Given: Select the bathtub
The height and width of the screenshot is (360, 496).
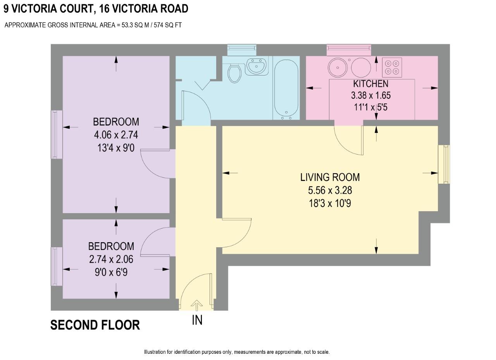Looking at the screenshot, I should coord(286,88).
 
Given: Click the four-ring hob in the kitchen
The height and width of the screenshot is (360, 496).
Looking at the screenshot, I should coord(392,67).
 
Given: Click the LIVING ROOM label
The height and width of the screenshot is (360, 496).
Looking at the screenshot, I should coord(330,177).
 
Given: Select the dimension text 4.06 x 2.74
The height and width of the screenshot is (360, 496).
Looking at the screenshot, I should coord(116,135).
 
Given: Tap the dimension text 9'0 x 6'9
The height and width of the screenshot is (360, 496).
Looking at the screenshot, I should coord(111,272).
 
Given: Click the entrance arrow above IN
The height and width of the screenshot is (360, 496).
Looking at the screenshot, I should coord(197,305).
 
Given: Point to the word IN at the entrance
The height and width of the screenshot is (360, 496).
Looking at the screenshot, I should coord(197,320).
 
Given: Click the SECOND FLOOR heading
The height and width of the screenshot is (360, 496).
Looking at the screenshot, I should coord(95,325).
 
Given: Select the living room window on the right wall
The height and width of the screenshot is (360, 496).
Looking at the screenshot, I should coord(444,164).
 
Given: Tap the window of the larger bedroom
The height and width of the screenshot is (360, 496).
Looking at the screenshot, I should coord(57,134).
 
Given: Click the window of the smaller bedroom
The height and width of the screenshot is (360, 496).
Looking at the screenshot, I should coord(57,266).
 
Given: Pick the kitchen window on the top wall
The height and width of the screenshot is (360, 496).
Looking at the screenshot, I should coord(349,50).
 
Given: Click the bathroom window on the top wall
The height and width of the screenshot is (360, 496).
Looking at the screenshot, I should coord(242,50).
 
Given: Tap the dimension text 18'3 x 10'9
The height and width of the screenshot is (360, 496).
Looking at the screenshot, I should coord(330,203).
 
